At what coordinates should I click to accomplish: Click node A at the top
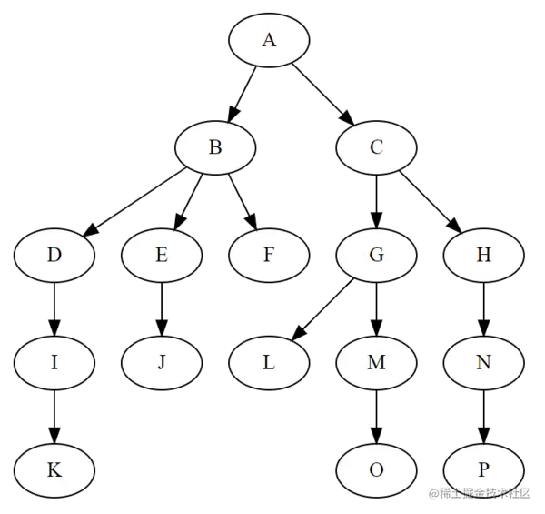coord(269,40)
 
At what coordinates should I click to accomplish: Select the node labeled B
coord(215,147)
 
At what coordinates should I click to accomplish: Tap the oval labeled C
coord(376,147)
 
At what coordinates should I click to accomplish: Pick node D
coord(54,255)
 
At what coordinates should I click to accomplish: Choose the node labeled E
coord(162,255)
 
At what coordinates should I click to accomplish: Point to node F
coord(269,255)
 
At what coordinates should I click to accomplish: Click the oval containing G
coord(376,255)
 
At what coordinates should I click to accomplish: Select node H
coord(483,255)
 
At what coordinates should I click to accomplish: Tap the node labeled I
coord(54,362)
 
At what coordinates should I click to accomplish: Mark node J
coord(162,362)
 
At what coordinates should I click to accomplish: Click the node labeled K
coord(54,469)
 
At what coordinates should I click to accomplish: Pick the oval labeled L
coord(269,362)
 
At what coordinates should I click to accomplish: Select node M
coord(376,362)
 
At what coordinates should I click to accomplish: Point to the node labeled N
coord(483,362)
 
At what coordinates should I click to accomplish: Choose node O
coord(376,469)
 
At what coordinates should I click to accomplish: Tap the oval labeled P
coord(483,469)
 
